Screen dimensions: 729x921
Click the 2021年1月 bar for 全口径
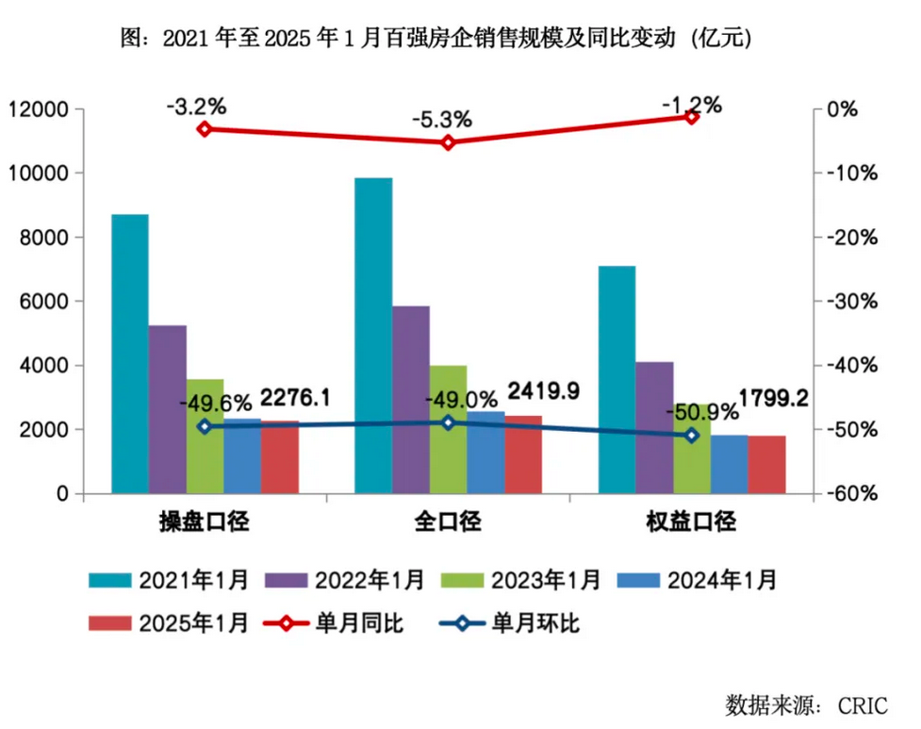(373, 335)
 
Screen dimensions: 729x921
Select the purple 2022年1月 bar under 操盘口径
(167, 408)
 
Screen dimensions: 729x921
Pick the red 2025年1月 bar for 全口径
(523, 455)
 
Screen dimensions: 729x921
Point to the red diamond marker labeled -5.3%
(448, 142)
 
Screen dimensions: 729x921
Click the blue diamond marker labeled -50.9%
(691, 435)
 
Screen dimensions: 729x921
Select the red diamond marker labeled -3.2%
(204, 128)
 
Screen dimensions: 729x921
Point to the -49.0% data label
(454, 400)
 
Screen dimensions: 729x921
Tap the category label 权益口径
(691, 522)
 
